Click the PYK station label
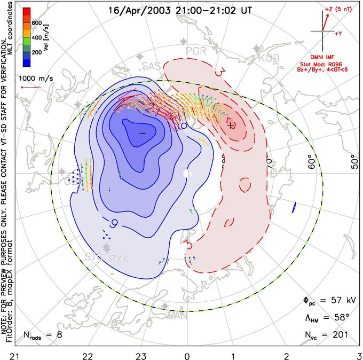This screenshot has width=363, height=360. (x=120, y=260)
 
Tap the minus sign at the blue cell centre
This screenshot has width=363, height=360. (x=142, y=131)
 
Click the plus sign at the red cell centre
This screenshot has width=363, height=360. (x=231, y=126)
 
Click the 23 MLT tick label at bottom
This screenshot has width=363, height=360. (x=141, y=354)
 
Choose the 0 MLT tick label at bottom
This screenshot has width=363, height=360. (x=187, y=354)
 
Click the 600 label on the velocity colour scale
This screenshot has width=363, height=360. (x=38, y=22)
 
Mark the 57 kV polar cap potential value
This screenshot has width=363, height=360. (x=336, y=301)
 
